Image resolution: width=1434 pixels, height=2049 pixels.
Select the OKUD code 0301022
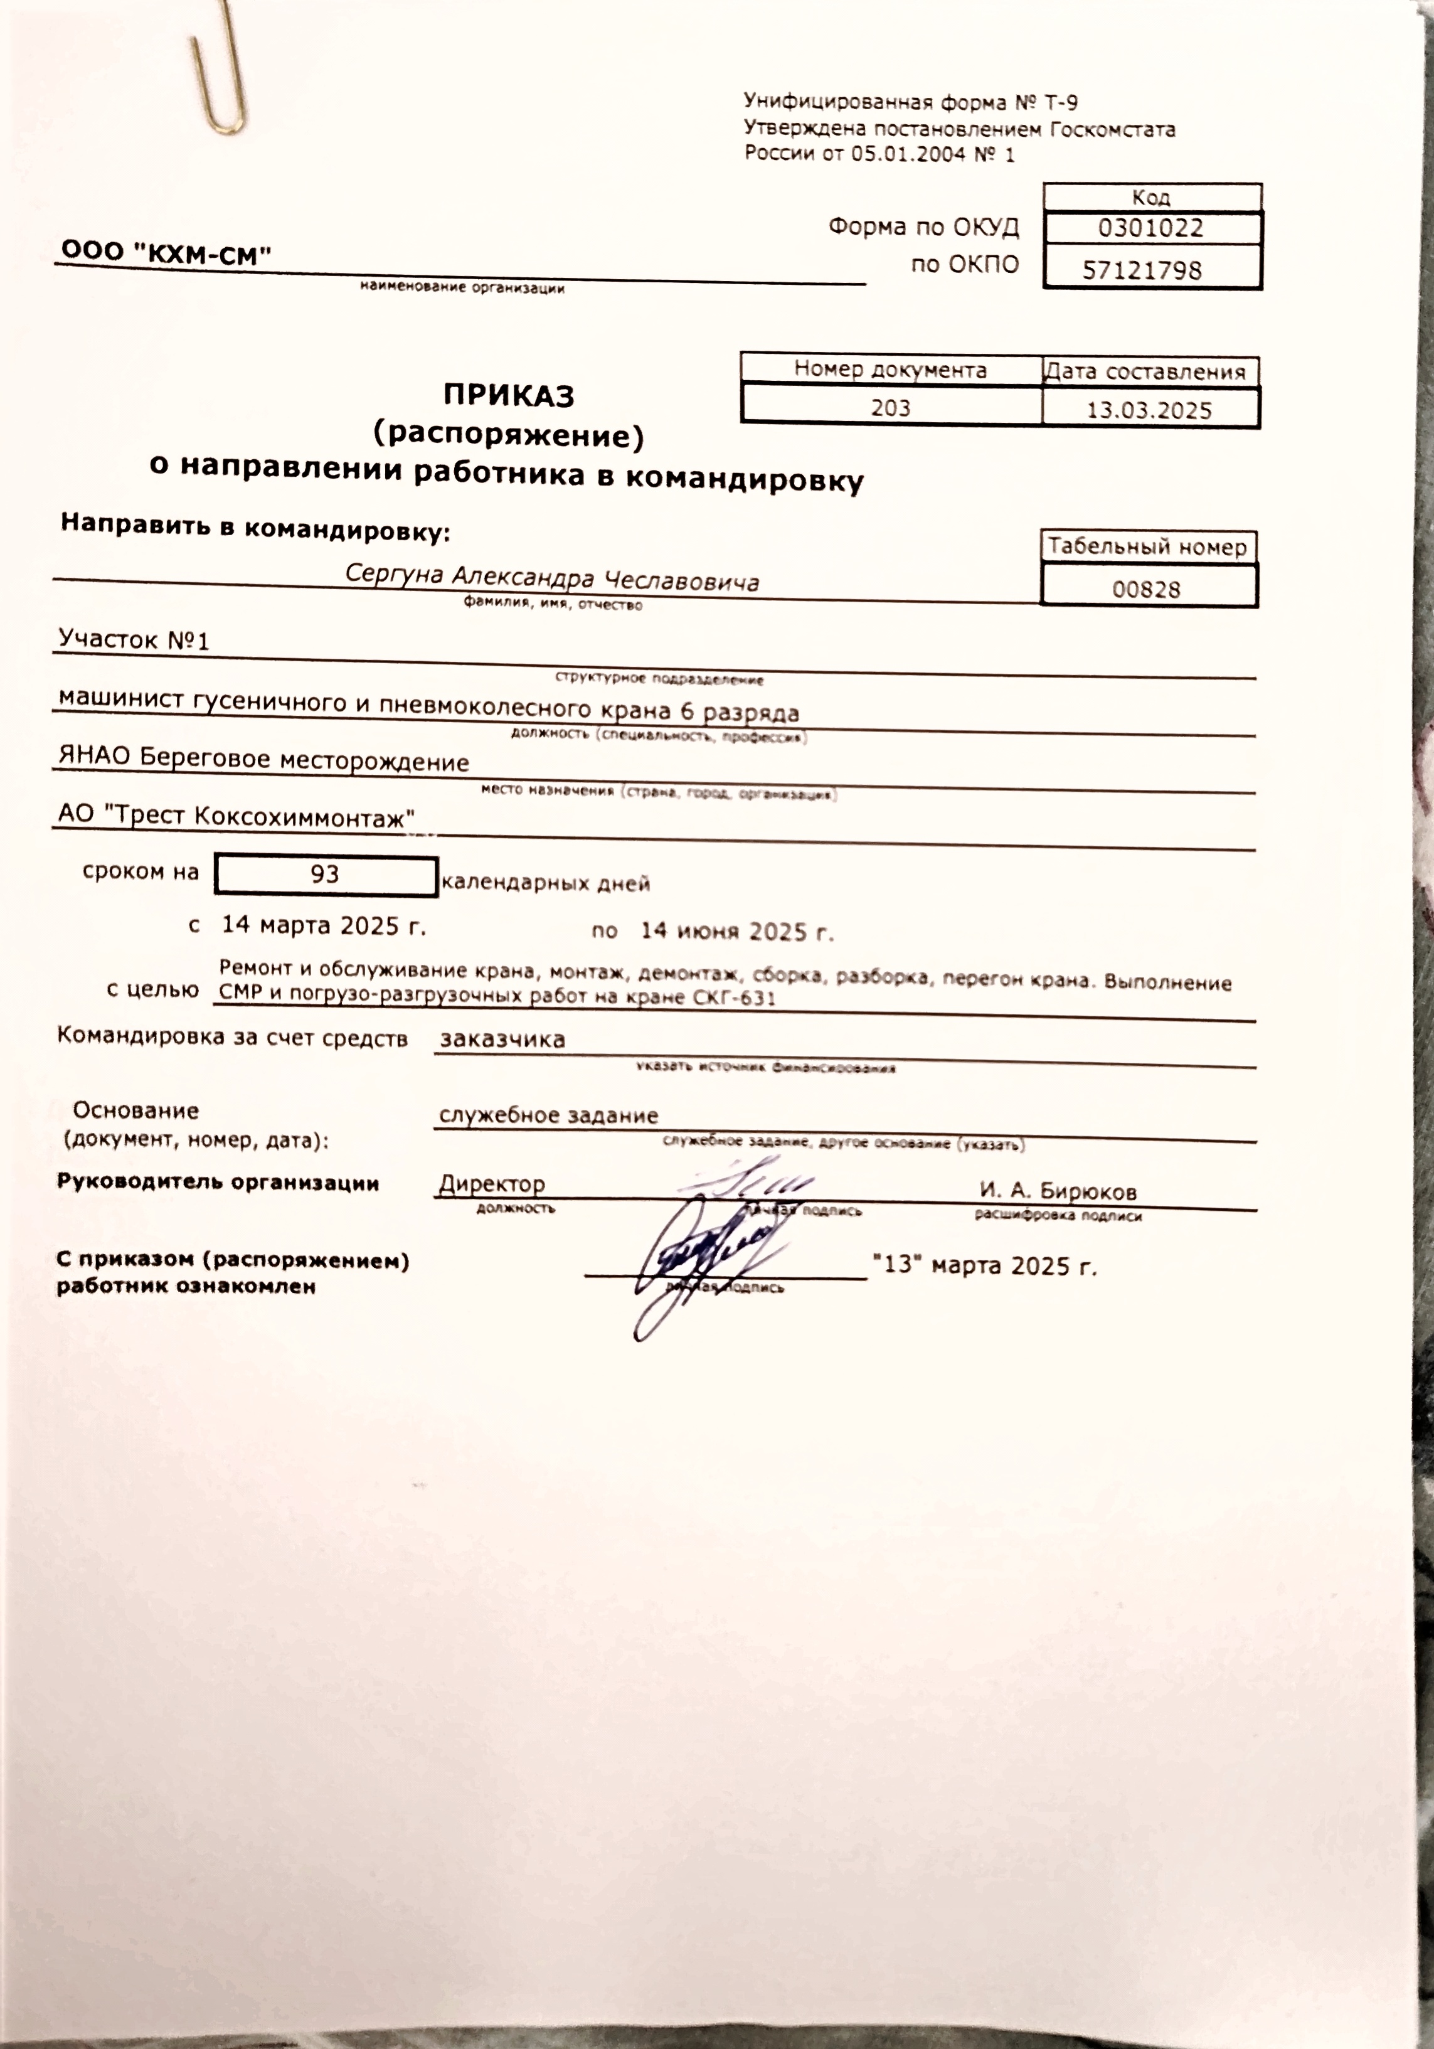tap(1150, 228)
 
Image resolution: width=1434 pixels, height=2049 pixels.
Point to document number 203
tap(891, 408)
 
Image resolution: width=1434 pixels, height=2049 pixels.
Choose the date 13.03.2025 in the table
tap(1149, 410)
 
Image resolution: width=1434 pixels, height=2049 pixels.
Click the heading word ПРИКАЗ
tap(509, 395)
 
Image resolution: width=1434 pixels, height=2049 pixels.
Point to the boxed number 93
tap(325, 874)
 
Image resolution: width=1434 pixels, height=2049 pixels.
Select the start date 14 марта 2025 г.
tap(323, 925)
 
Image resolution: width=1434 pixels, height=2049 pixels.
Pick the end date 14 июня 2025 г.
tap(737, 931)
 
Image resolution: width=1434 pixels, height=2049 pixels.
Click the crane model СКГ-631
tap(733, 998)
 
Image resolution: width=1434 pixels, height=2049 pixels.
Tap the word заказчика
tap(502, 1039)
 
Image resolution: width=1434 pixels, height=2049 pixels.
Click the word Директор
tap(492, 1184)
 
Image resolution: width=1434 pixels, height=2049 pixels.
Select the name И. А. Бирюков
tap(1058, 1191)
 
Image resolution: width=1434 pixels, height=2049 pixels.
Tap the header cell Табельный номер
tap(1147, 546)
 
